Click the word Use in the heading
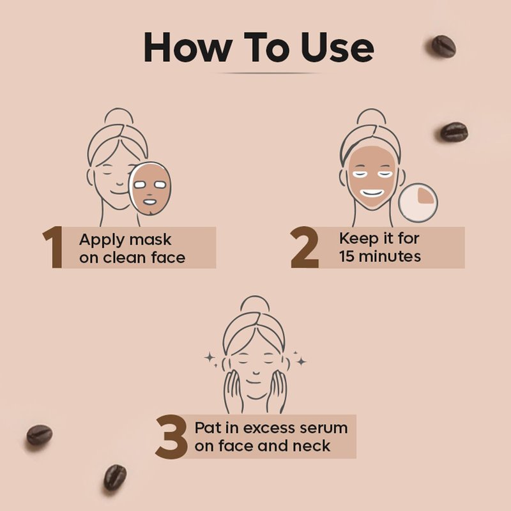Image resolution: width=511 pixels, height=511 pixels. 337,47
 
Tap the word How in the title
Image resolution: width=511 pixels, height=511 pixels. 188,47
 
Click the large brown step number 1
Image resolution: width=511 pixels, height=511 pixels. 54,247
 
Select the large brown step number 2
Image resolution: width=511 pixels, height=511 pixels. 305,247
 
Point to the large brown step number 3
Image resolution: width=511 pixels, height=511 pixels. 171,437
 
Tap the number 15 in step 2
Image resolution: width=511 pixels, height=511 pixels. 347,256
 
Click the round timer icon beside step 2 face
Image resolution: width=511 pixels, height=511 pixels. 418,202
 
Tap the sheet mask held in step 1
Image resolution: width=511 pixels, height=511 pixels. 150,188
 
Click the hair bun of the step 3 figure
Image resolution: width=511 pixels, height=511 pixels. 255,304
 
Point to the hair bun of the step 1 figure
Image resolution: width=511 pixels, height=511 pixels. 119,116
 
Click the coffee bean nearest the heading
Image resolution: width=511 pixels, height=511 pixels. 443,46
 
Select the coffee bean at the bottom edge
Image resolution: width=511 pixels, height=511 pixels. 115,477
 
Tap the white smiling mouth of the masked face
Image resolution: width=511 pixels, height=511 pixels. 372,194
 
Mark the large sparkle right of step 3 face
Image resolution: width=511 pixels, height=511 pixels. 301,361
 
